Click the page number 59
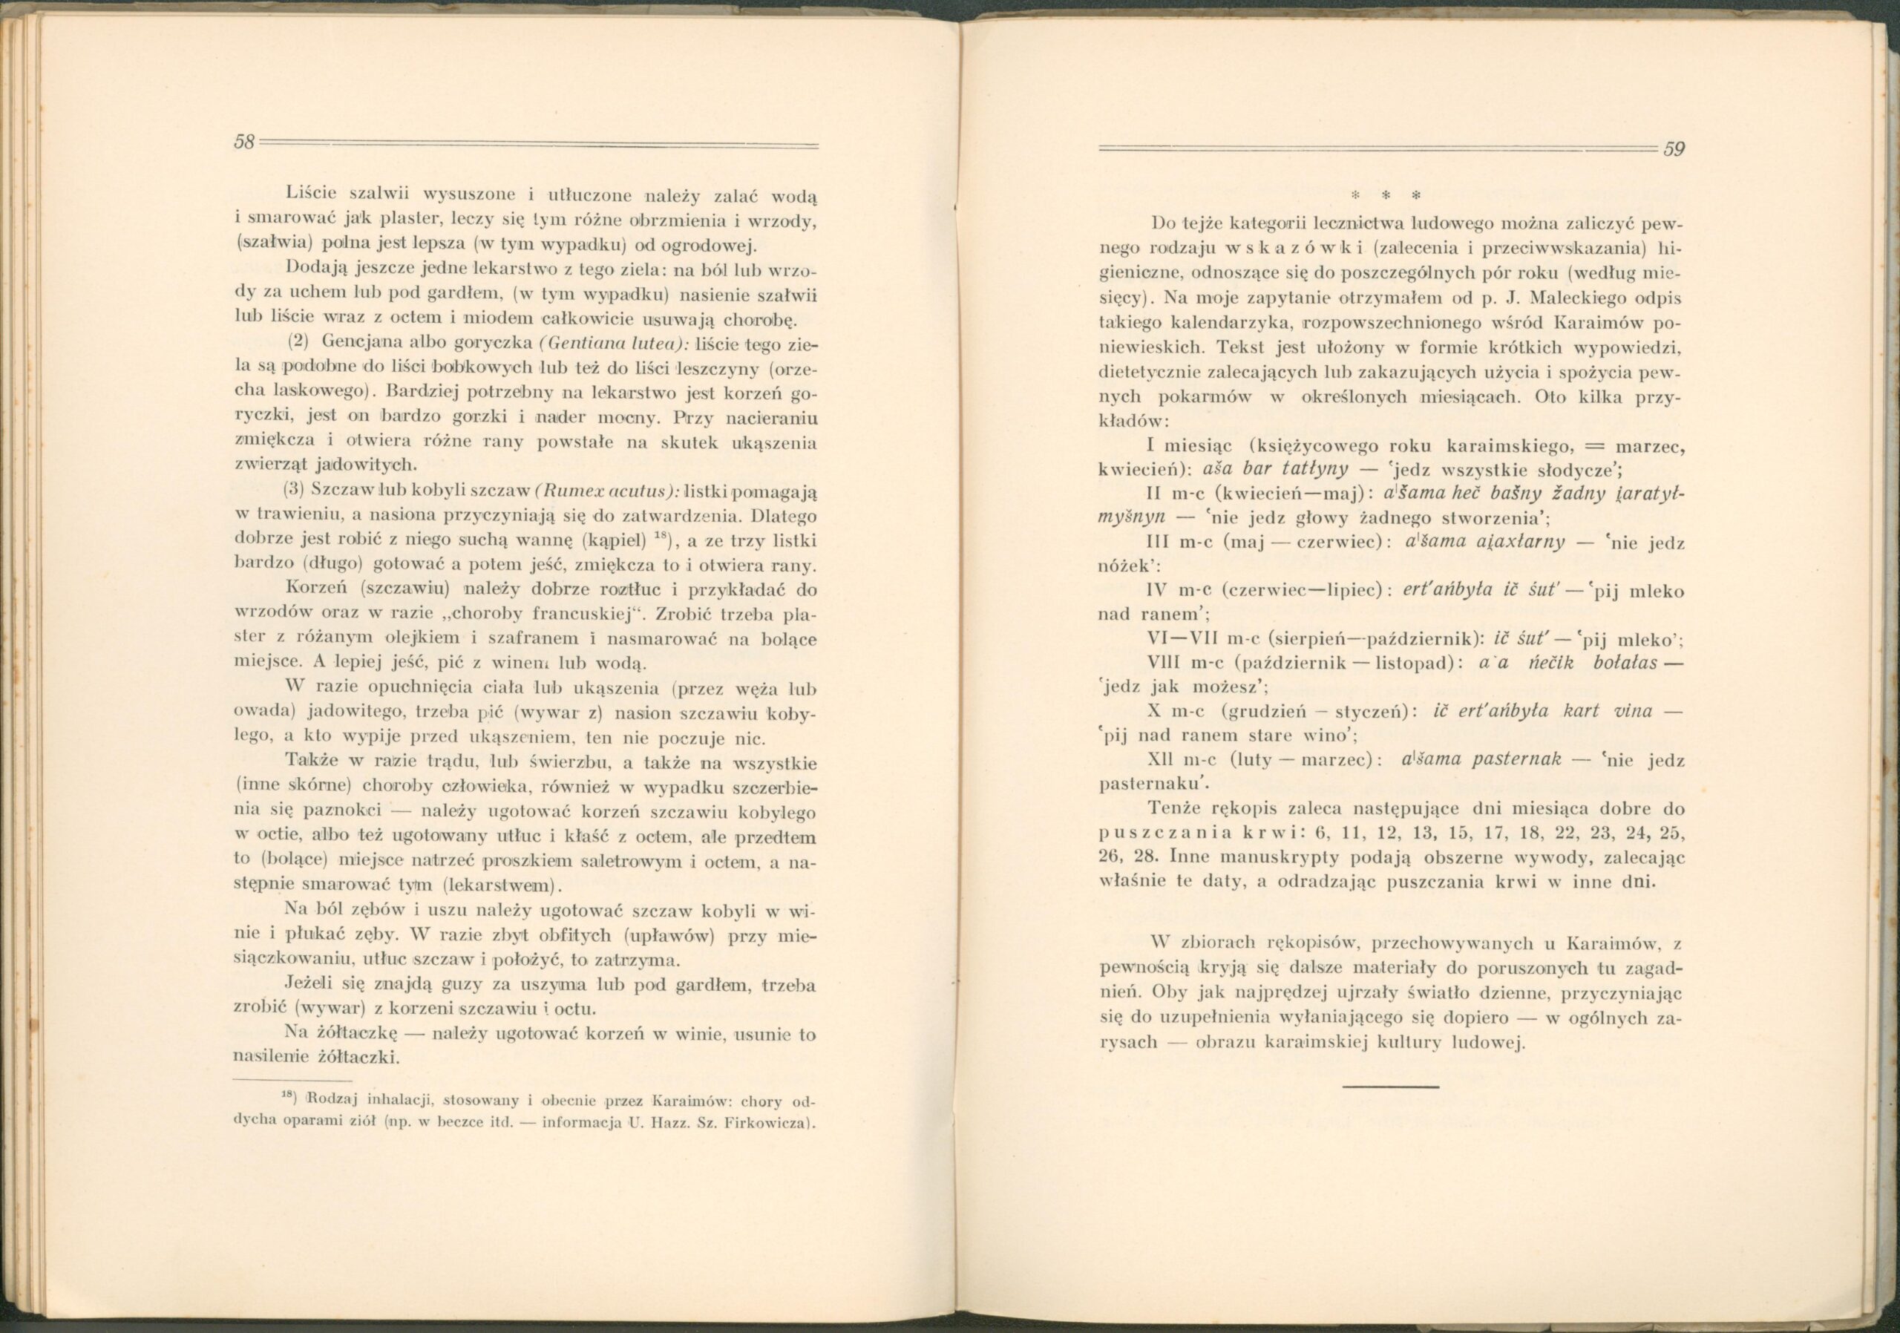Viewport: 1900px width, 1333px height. click(x=1674, y=150)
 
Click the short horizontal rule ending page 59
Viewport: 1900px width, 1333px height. click(x=1390, y=1086)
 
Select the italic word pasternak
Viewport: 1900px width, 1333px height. click(x=1518, y=759)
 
